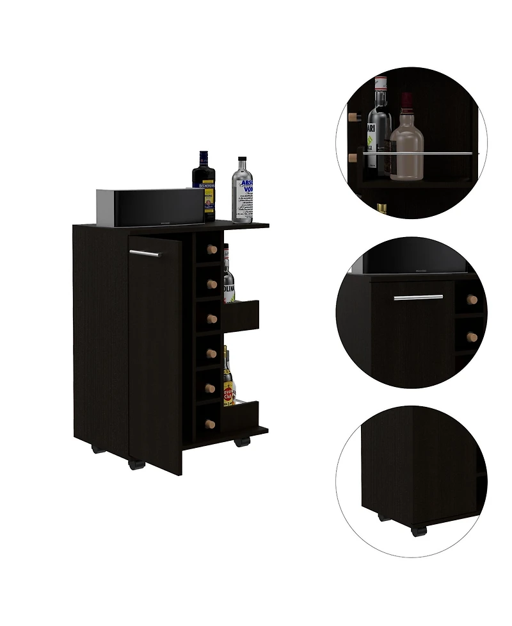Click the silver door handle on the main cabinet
coord(144,254)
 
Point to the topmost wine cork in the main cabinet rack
coord(212,249)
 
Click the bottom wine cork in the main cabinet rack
coord(209,423)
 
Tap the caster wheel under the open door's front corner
coord(135,463)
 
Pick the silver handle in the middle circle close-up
coord(419,298)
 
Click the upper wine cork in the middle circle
coord(472,299)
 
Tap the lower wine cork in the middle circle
coord(472,337)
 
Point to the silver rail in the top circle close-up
coord(419,153)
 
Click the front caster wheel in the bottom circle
coord(418,529)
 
